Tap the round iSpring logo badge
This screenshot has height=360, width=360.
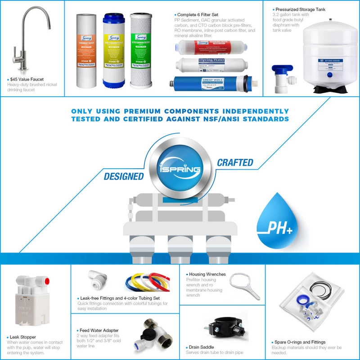coord(180,166)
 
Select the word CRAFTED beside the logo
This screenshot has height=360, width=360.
coord(235,162)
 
